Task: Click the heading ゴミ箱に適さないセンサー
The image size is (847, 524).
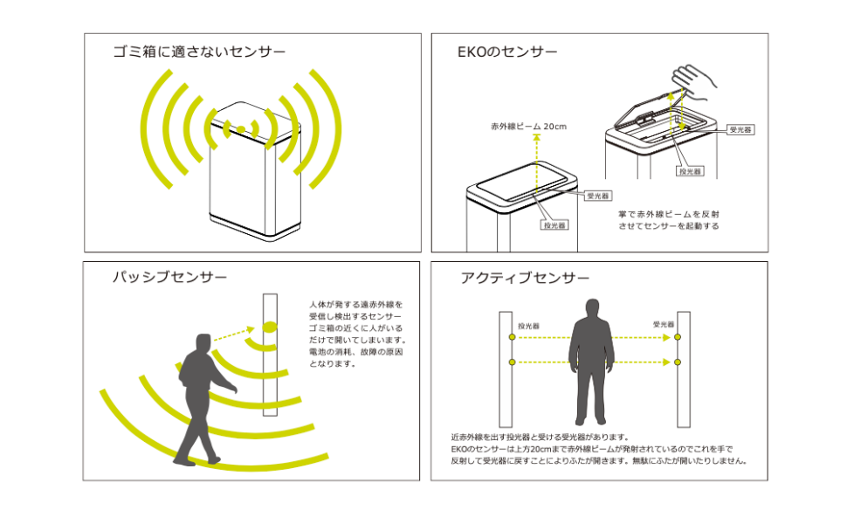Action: tap(199, 52)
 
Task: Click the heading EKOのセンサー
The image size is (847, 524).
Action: tap(507, 52)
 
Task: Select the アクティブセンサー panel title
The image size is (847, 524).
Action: tap(524, 278)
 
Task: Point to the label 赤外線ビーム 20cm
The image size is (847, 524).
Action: tap(528, 127)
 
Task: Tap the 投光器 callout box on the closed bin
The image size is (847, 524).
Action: tap(554, 224)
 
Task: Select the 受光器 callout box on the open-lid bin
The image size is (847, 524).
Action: tap(740, 129)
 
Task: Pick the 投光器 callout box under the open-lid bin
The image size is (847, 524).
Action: tap(691, 171)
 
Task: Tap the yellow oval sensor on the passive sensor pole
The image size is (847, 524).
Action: tap(269, 328)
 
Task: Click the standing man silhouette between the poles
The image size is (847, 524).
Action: tap(593, 358)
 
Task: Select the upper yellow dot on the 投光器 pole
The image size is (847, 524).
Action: tap(511, 336)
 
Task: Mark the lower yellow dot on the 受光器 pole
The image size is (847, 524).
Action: tap(678, 362)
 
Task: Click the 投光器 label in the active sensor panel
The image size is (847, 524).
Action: tap(528, 325)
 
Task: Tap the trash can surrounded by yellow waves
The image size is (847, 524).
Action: tap(253, 170)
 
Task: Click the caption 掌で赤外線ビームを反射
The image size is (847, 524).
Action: tap(668, 213)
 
